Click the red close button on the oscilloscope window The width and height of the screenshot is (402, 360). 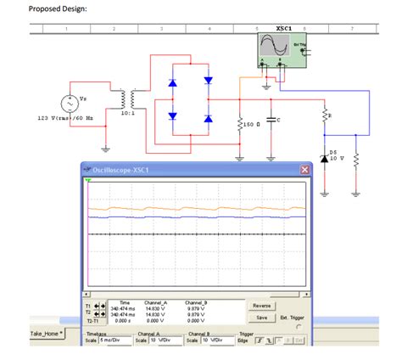click(305, 171)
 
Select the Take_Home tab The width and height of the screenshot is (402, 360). click(48, 334)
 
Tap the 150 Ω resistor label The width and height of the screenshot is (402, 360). click(254, 125)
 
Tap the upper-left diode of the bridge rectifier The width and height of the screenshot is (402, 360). click(173, 83)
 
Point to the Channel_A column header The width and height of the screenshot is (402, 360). click(154, 301)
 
